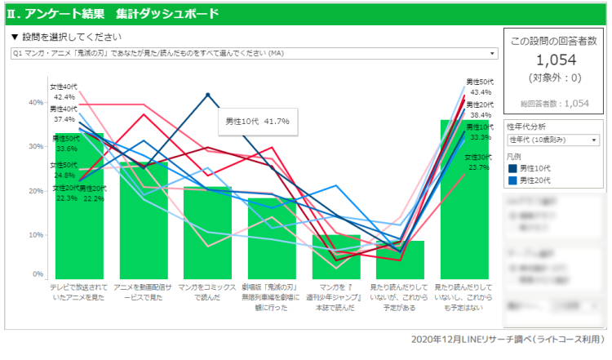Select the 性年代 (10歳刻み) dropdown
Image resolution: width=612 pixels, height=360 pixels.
(552, 140)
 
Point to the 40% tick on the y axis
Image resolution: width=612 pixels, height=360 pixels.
(36, 103)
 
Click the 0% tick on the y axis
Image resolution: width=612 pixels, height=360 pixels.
(38, 274)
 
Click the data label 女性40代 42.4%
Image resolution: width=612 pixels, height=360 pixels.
(64, 91)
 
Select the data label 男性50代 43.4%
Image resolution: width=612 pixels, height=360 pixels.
(480, 87)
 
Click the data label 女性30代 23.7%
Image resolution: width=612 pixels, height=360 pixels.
(477, 162)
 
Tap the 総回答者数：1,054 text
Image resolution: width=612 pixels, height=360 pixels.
(554, 104)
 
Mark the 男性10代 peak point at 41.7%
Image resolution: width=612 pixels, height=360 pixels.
(208, 95)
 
